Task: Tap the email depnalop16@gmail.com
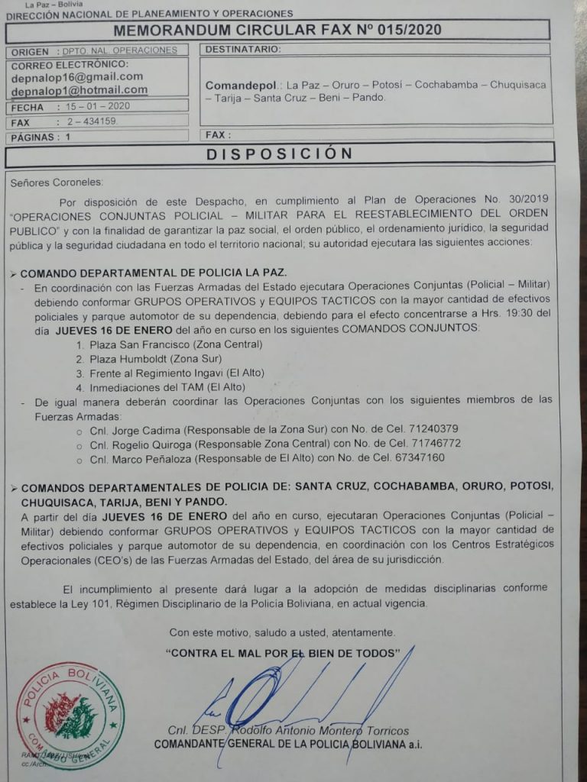pos(77,76)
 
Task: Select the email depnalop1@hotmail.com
pos(79,90)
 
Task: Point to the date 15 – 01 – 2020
pos(98,107)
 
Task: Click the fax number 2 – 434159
pos(92,121)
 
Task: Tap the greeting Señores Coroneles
pos(56,183)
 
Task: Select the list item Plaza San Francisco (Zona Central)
pos(176,344)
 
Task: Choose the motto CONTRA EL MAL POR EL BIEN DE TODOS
pos(284,653)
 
